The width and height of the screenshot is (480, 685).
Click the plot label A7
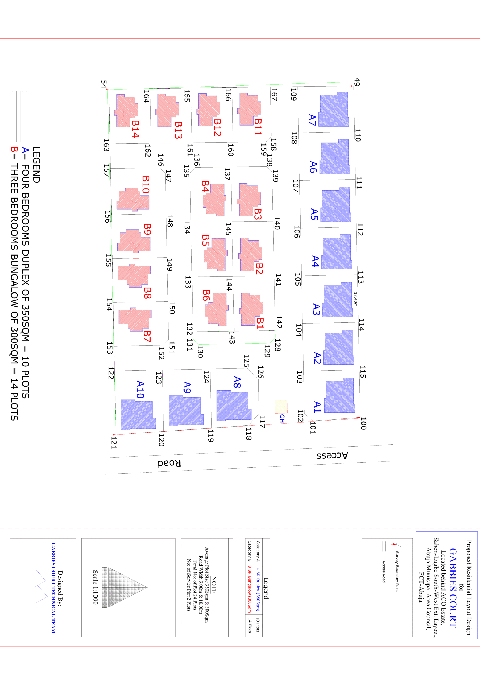point(312,120)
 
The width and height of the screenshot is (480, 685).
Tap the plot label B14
point(135,129)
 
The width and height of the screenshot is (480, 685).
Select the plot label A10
point(140,390)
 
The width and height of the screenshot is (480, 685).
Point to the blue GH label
point(282,418)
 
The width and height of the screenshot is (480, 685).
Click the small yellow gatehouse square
point(281,406)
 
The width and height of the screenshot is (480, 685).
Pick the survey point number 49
point(357,82)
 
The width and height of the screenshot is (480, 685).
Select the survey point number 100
point(363,423)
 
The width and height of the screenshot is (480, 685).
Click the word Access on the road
point(332,456)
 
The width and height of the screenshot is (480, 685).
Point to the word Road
point(169,463)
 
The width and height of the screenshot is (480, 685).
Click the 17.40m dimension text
point(355,299)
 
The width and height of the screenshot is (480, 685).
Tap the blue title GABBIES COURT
point(452,588)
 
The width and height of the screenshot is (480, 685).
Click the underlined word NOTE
point(214,585)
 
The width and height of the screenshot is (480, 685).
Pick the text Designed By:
point(60,588)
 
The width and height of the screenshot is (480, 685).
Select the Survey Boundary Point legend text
point(397,571)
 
